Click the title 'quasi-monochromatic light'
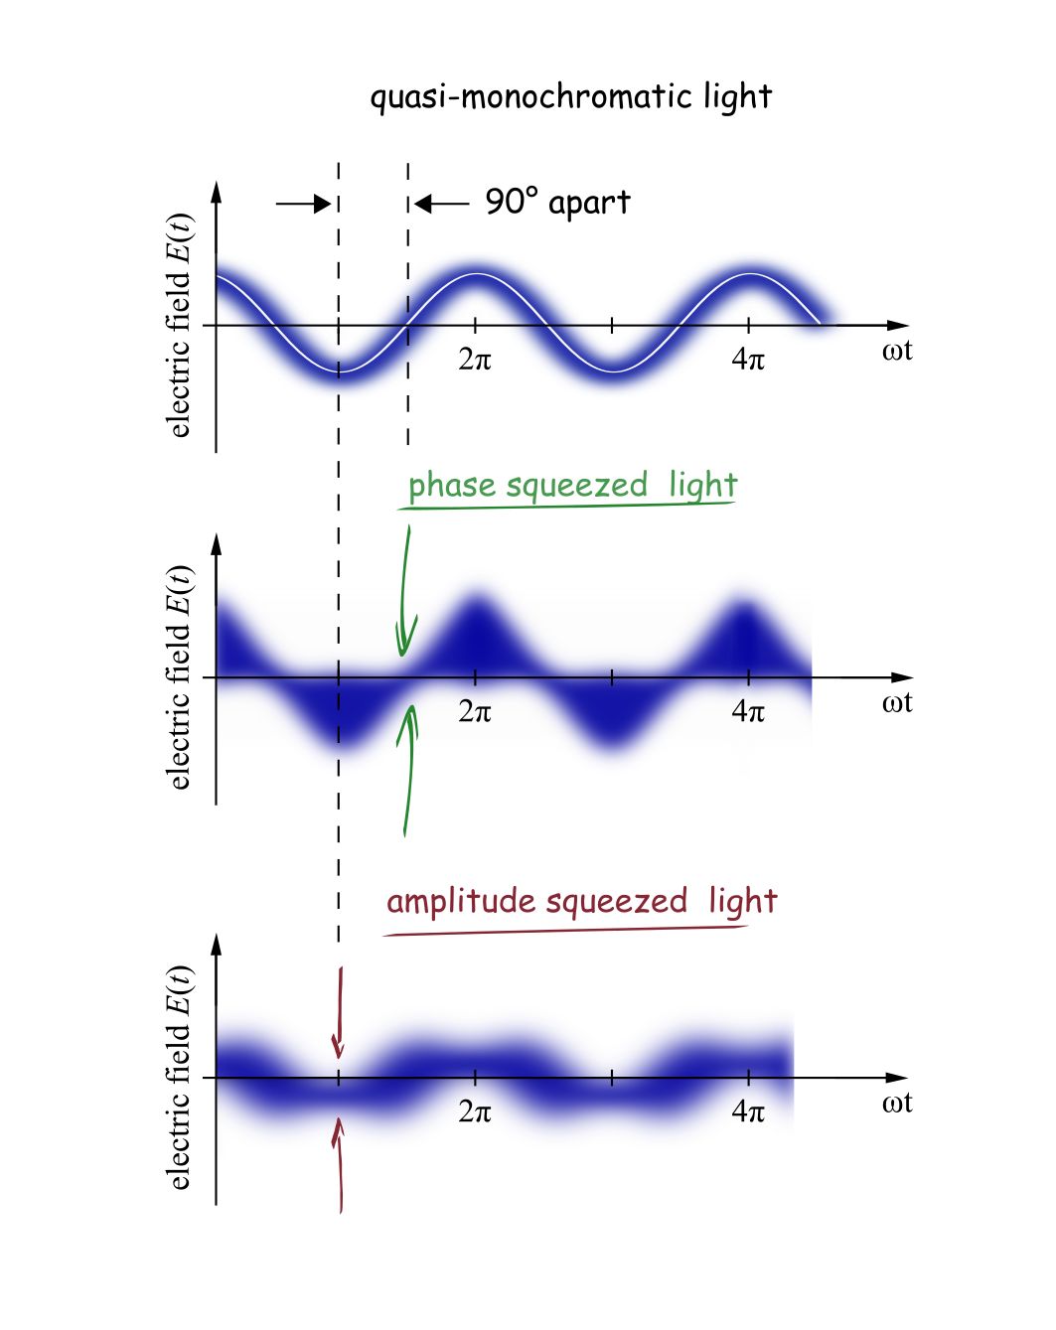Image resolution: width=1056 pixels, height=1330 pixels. coord(570,97)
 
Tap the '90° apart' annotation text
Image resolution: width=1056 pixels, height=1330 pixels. coord(557,203)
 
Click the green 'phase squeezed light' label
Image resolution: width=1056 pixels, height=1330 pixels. coord(572,486)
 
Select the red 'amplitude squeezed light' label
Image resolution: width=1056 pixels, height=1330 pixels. coord(581,902)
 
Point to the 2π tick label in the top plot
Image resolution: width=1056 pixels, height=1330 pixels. coord(475,360)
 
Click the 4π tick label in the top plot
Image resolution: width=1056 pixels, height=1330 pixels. coord(748,360)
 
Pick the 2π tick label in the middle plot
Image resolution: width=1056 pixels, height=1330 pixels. coord(475,711)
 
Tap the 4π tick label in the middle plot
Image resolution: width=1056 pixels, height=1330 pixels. coord(748,711)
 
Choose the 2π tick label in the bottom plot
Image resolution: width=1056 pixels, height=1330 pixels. coord(475,1111)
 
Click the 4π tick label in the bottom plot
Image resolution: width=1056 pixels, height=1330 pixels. coord(748,1111)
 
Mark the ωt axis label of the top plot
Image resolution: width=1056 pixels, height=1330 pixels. coord(896,351)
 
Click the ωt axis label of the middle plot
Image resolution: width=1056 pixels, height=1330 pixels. coord(896,703)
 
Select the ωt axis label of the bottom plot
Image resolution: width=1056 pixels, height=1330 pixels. coord(896,1104)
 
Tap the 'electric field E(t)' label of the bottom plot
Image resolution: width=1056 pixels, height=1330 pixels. coord(179,1077)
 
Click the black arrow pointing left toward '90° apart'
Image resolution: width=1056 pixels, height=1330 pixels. coord(441,205)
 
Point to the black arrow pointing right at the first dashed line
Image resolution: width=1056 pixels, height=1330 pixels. coord(303,205)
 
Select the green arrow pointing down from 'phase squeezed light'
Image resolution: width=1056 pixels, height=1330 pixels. coord(404,592)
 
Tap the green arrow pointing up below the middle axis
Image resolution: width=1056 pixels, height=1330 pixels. coord(407,770)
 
